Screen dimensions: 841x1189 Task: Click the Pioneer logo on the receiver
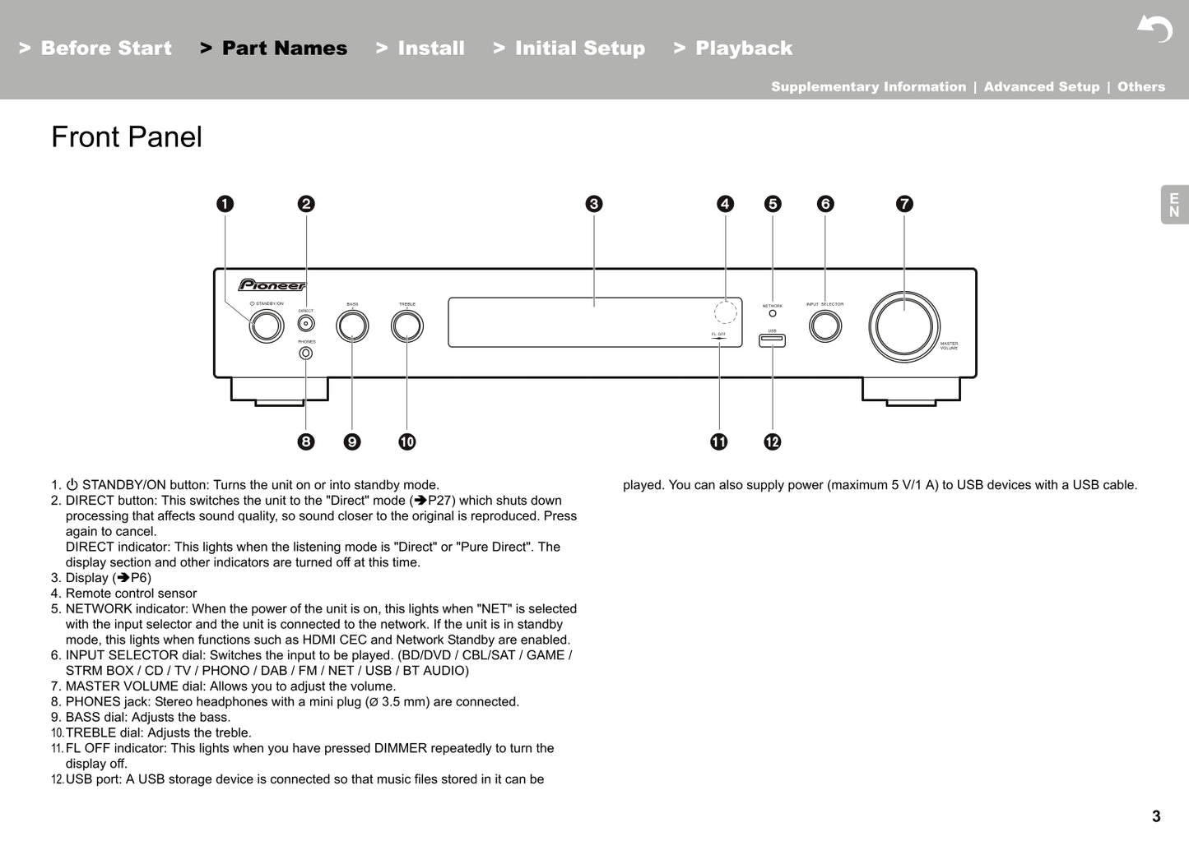(272, 285)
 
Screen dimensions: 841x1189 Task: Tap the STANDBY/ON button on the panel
(267, 326)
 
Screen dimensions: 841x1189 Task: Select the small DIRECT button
(306, 324)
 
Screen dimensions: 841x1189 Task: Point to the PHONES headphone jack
(306, 353)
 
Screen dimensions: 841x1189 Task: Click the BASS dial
(352, 326)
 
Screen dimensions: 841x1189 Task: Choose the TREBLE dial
(407, 326)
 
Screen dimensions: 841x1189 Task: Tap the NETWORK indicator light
(773, 313)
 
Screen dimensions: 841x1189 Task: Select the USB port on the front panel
(772, 340)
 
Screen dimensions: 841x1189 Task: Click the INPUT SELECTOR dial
(825, 326)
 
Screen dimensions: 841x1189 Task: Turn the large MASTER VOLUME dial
(904, 326)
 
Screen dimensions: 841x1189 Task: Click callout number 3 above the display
(594, 204)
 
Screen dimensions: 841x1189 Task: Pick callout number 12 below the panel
(772, 442)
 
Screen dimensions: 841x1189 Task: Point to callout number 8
(306, 442)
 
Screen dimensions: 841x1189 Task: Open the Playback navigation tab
(743, 49)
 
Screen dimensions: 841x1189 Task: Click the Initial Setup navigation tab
(579, 49)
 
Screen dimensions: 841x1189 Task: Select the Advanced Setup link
(1041, 87)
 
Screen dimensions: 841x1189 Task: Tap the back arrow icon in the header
(1155, 30)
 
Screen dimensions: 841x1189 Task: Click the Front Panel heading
(127, 137)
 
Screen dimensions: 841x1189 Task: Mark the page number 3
(1156, 816)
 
